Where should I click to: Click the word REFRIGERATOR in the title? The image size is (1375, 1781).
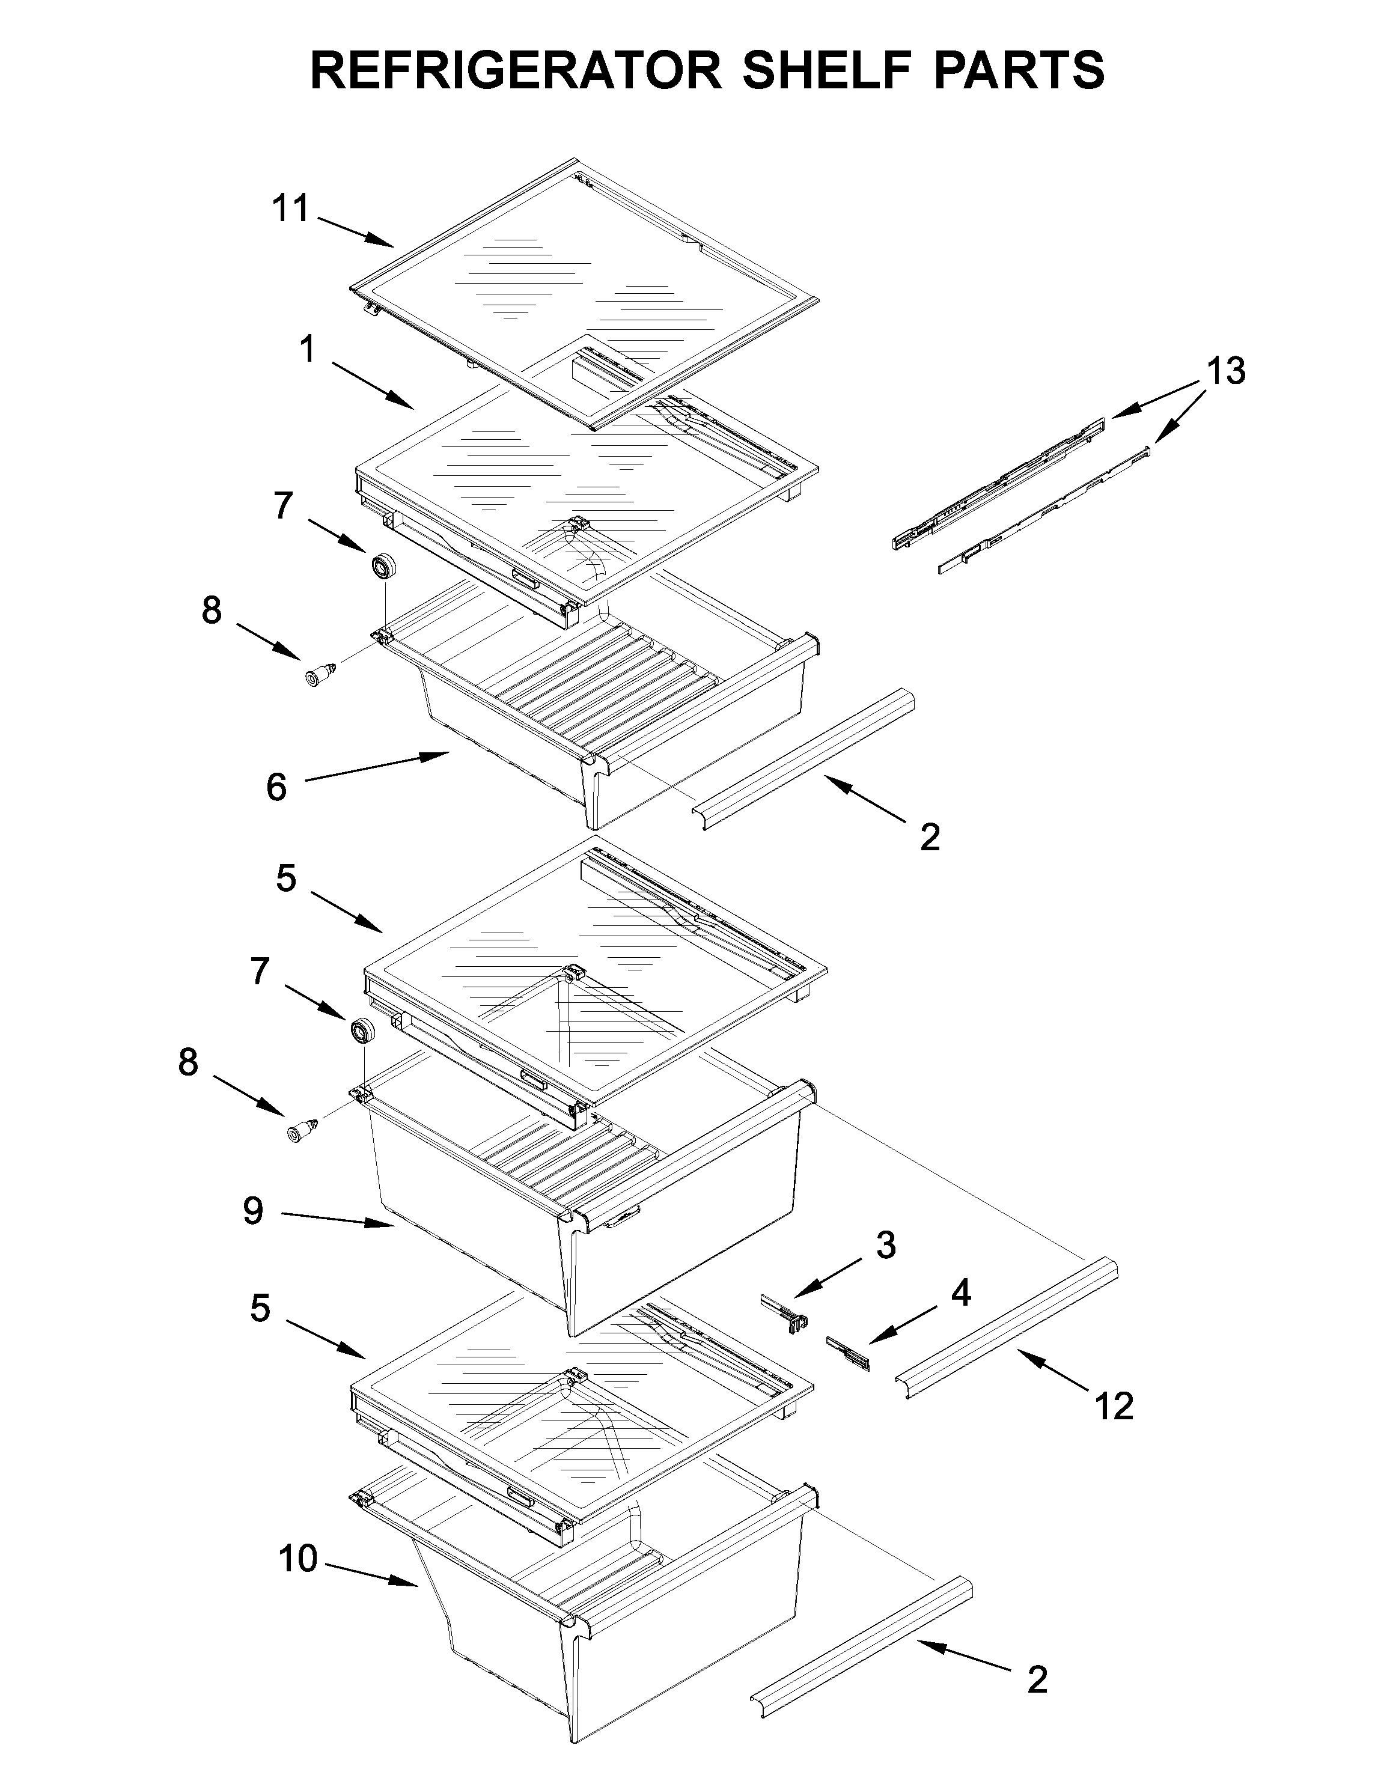(516, 70)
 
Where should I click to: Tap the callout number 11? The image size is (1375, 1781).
(290, 209)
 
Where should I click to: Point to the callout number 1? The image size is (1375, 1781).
(306, 351)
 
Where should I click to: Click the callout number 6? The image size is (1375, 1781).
(276, 787)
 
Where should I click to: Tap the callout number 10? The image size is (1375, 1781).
(297, 1559)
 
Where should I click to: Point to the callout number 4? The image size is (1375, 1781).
(961, 1292)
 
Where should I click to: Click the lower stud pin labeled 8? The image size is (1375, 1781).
(300, 1132)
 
